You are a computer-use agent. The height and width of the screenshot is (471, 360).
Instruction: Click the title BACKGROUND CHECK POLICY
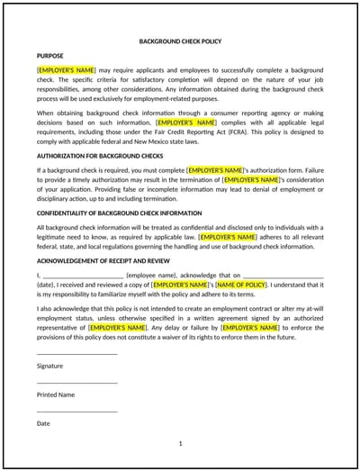pos(180,41)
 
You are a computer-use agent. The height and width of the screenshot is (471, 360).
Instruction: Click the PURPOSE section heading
pos(50,56)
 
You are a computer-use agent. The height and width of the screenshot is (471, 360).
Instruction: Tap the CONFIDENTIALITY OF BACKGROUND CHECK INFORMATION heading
pos(119,213)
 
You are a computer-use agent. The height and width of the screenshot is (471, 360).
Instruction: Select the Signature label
pos(50,366)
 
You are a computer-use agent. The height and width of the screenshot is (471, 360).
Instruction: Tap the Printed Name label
pos(56,394)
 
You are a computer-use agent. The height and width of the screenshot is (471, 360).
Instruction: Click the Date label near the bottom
pos(43,422)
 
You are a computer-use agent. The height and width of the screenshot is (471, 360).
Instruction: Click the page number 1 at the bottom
pos(180,443)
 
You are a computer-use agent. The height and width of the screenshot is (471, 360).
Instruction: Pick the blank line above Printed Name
pos(76,383)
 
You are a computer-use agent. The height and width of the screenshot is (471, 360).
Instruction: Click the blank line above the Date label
pos(76,412)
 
